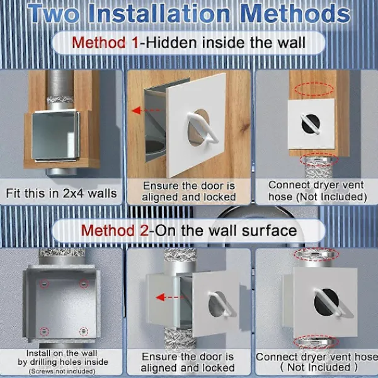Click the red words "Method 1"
(106, 43)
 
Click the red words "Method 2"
(115, 231)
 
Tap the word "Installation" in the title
(159, 14)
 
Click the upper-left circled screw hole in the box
(44, 283)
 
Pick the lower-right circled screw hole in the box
(84, 331)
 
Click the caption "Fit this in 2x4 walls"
(61, 193)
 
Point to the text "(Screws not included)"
(62, 371)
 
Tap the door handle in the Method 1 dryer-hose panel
(310, 124)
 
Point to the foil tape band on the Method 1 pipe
(60, 100)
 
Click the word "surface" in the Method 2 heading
(269, 231)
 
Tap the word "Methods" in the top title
(295, 14)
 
